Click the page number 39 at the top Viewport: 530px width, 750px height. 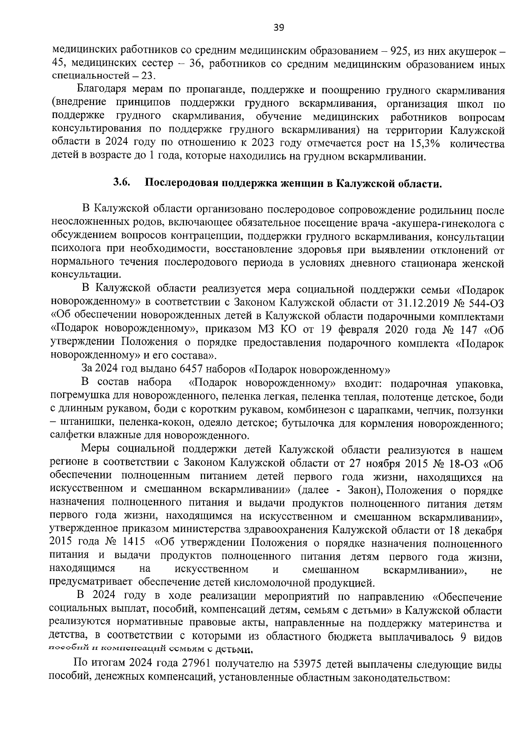coord(279,28)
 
